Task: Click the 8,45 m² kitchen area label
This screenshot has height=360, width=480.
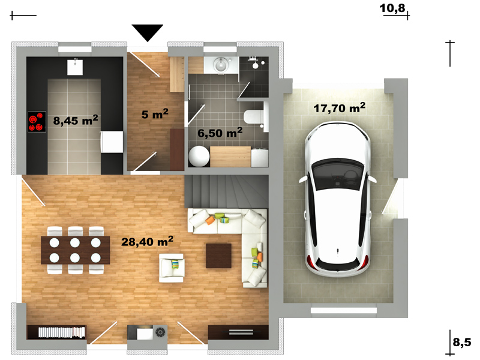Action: click(76, 119)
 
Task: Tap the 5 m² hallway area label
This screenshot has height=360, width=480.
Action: click(155, 114)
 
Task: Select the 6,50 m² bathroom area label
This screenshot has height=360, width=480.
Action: click(220, 133)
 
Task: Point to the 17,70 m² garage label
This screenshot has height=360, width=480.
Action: click(340, 108)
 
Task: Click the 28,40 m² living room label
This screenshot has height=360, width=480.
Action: click(147, 241)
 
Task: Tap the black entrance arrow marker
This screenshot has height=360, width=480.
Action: click(147, 33)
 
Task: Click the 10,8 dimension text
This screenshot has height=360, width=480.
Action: click(392, 8)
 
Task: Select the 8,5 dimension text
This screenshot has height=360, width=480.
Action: click(462, 341)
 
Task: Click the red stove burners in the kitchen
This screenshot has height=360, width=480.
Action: click(37, 122)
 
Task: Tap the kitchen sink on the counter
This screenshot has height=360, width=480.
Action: click(75, 67)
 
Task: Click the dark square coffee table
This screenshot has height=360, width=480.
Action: click(218, 256)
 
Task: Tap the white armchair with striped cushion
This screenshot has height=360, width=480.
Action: click(171, 268)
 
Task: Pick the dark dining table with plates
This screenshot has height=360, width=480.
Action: click(76, 250)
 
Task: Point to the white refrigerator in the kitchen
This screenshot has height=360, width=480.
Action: click(112, 142)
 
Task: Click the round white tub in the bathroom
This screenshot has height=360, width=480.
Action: click(199, 157)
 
